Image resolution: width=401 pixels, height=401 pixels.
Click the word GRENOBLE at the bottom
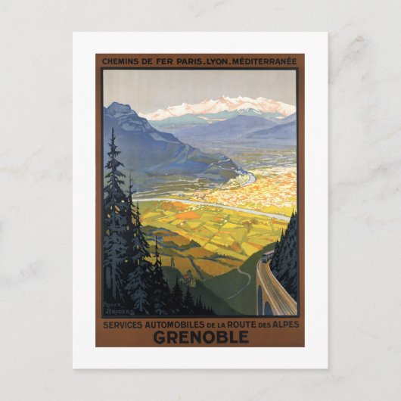pos(201,337)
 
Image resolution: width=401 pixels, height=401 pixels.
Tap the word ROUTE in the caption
pos(244,325)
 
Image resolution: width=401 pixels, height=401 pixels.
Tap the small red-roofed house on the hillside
pos(188,279)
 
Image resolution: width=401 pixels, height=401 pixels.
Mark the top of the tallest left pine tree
pos(113,132)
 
